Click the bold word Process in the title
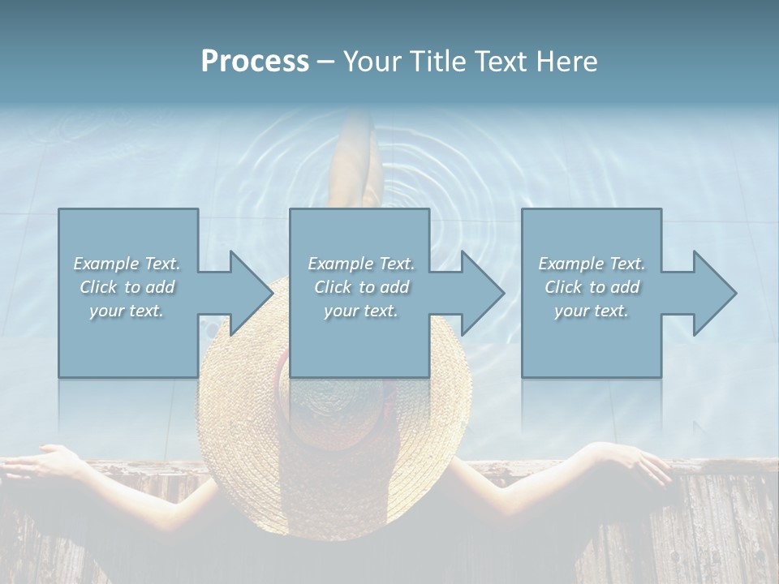255,62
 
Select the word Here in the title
567,62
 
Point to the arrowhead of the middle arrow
482,293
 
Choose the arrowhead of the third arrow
714,293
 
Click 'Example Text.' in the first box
127,264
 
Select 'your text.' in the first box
127,311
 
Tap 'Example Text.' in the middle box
361,264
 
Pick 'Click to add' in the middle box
361,287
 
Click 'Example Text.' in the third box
592,264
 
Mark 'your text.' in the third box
592,311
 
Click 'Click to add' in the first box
127,287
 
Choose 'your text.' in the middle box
361,311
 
